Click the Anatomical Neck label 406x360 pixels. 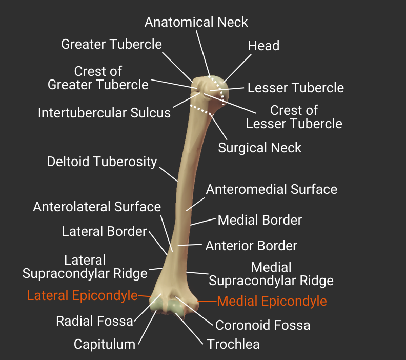196,22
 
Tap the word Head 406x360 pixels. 263,46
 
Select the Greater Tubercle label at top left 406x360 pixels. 111,44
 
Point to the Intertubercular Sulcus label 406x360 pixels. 104,113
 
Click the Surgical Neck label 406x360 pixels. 260,148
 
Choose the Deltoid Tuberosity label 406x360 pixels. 102,162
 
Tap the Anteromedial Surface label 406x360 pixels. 272,189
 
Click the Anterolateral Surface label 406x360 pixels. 97,207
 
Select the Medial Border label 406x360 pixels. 260,220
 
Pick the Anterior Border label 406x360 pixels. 251,246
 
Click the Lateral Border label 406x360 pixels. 105,231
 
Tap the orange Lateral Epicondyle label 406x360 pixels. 83,295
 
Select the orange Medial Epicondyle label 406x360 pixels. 272,301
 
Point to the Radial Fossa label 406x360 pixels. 94,321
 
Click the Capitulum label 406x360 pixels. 105,345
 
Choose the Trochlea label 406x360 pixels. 233,344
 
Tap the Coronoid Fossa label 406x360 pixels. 262,325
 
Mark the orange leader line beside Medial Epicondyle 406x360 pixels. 207,301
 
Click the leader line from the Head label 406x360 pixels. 237,68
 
